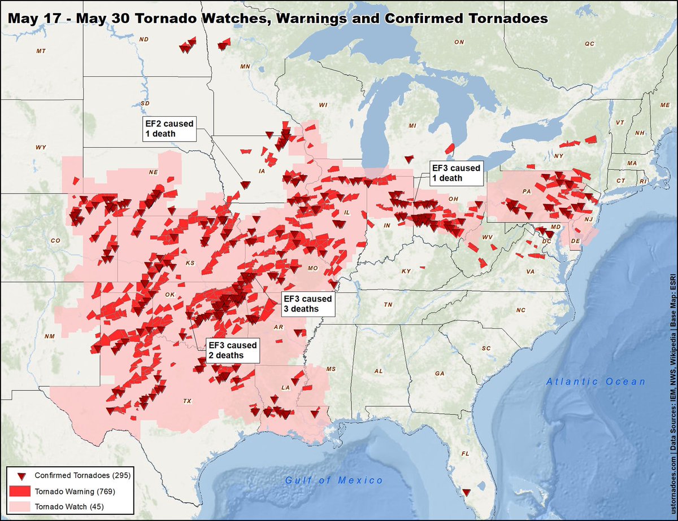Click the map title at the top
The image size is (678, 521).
point(277,18)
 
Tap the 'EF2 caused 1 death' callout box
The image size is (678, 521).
point(168,129)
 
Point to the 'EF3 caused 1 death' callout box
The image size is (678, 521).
point(456,173)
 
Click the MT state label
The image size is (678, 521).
point(40,51)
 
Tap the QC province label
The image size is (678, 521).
point(590,43)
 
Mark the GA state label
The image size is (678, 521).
point(440,374)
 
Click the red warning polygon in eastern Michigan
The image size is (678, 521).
point(450,148)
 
